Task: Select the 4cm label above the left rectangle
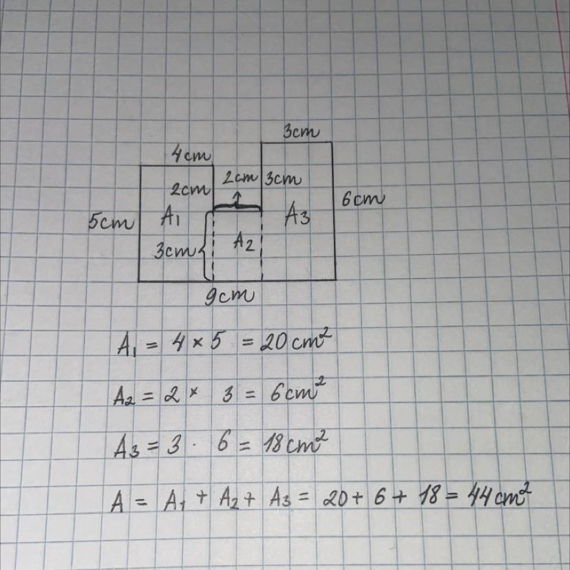191,155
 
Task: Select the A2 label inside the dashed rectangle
244,241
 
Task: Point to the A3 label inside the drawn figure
297,216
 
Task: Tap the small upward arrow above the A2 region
236,200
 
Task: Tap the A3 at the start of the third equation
126,448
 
